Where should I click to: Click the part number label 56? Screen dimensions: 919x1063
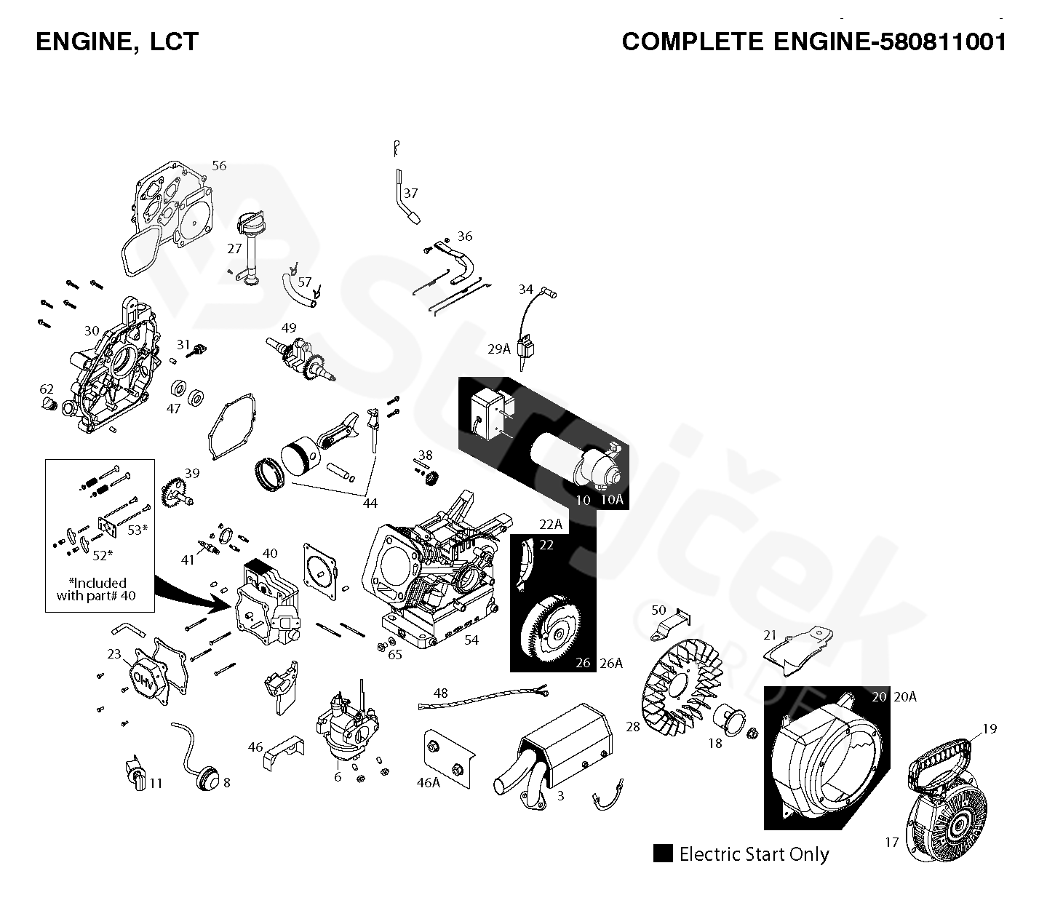pos(219,165)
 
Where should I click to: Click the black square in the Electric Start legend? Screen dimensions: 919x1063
pos(662,854)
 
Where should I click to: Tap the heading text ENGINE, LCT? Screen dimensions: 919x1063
pos(116,41)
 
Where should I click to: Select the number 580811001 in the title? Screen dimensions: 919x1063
pos(943,41)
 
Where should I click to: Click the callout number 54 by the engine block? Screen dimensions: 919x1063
pos(471,640)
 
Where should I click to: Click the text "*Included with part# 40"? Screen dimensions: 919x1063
pos(97,589)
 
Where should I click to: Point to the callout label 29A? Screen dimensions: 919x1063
pos(499,349)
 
